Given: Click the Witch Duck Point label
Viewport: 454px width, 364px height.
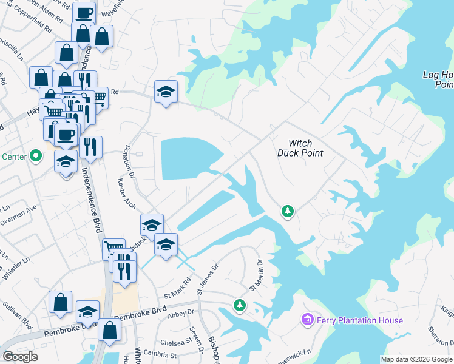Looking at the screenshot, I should click(x=300, y=148).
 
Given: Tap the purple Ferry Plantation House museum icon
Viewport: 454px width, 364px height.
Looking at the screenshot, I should click(x=307, y=319).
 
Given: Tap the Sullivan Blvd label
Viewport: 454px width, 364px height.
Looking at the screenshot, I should click(x=18, y=315).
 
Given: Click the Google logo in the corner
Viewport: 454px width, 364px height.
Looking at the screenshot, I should click(x=20, y=357).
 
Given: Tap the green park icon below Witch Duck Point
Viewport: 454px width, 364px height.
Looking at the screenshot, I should click(x=287, y=212).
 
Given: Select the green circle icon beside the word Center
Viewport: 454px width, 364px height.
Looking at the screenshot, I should click(x=36, y=157).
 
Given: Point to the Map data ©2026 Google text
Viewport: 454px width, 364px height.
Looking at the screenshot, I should click(x=417, y=359).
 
